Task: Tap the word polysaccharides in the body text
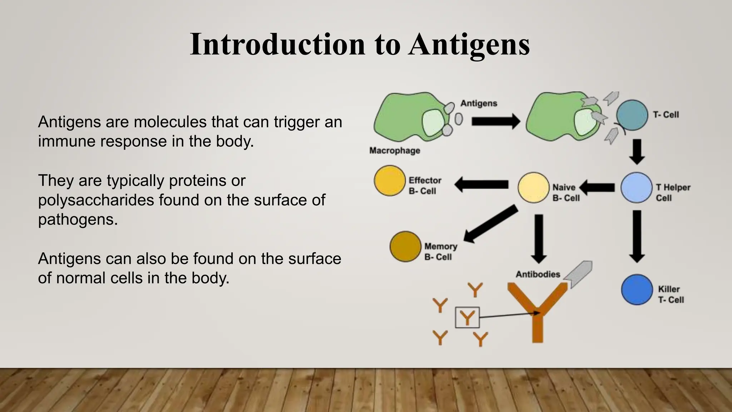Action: [96, 200]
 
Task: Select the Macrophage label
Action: [395, 151]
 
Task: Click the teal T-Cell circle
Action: [632, 115]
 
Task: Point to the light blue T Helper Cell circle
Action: [636, 188]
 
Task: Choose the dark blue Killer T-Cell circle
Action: [637, 290]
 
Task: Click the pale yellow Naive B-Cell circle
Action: [533, 188]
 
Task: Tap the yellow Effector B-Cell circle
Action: [390, 181]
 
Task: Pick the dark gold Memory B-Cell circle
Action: [405, 246]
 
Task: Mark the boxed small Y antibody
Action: [467, 318]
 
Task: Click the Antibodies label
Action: [538, 274]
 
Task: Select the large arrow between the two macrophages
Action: [495, 122]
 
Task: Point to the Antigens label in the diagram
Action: [479, 103]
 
